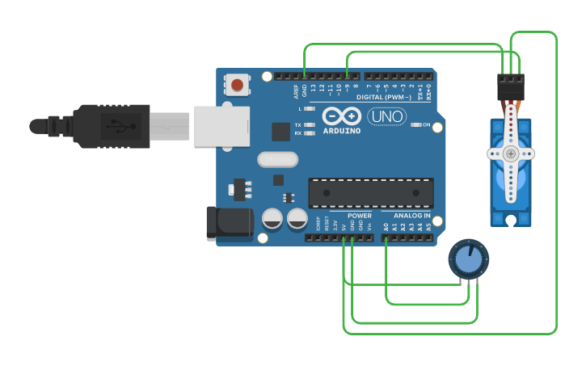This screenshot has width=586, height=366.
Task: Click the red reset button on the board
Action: (x=237, y=84)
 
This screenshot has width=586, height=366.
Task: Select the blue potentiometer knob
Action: (x=468, y=259)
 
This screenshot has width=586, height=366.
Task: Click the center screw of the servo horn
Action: (x=510, y=153)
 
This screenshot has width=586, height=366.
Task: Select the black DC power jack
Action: (x=228, y=223)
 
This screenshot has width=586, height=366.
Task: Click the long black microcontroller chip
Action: (x=370, y=193)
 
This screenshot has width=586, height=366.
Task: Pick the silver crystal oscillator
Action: (x=277, y=159)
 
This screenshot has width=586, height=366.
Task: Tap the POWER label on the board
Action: (x=360, y=216)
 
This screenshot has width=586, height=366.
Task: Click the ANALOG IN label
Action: (x=411, y=216)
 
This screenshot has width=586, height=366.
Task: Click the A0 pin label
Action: (x=386, y=228)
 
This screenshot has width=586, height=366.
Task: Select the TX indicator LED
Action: (x=308, y=125)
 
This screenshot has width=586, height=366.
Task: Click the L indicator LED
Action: (x=308, y=108)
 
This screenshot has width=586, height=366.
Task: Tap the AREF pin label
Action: (x=296, y=89)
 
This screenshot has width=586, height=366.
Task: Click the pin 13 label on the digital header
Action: (x=313, y=87)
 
